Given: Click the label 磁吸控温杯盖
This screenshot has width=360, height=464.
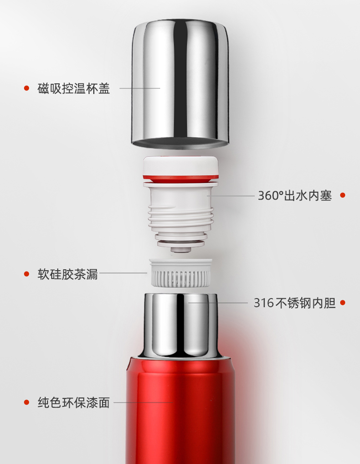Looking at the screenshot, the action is click(74, 88).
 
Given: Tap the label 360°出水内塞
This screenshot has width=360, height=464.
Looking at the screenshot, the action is click(295, 196).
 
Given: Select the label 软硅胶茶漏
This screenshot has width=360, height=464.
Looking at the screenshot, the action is click(67, 274).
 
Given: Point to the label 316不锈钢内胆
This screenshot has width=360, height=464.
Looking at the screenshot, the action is click(295, 303).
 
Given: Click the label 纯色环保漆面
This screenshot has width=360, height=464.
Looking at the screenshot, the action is click(74, 402).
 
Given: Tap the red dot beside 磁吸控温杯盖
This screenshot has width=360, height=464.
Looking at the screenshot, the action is click(26, 88).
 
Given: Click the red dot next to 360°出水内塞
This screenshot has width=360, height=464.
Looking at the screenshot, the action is click(343, 195).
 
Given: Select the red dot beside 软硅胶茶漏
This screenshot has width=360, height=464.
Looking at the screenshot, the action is click(26, 274).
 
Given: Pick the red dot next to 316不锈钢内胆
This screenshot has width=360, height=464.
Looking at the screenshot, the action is click(343, 303).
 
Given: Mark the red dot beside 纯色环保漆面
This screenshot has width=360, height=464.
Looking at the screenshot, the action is click(26, 402).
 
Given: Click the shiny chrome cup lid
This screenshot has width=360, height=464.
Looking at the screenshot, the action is click(180, 84).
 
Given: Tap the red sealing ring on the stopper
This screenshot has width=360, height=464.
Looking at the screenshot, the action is click(180, 179).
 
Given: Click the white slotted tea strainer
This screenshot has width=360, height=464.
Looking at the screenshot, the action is click(181, 273).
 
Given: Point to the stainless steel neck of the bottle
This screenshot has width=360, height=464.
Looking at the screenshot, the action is click(181, 325).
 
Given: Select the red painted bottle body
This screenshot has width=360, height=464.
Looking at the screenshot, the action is click(180, 411).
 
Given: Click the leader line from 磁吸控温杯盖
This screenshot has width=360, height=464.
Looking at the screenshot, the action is click(139, 88).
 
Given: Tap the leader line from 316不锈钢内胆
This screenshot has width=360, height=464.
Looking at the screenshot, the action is click(218, 303).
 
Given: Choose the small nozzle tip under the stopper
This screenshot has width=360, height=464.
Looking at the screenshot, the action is click(181, 250).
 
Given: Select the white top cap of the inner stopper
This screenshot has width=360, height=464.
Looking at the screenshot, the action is click(181, 166).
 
